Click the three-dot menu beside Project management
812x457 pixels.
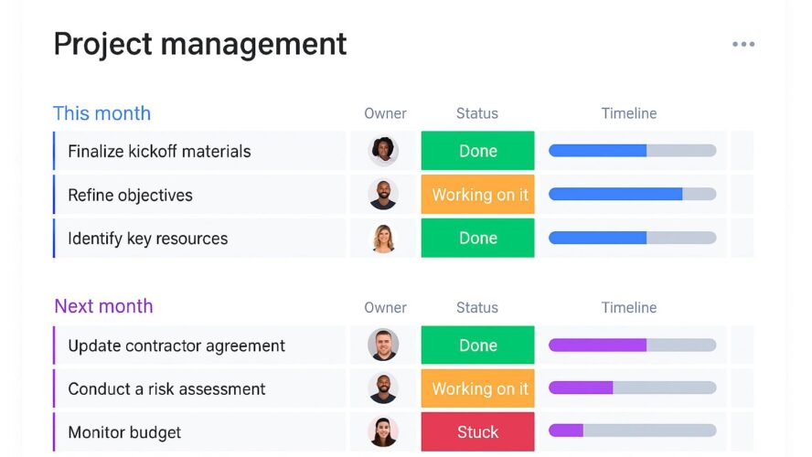[743, 44]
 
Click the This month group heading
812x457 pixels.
[101, 113]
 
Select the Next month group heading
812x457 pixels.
[103, 306]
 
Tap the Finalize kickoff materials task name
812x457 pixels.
[159, 152]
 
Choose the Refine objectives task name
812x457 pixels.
[130, 195]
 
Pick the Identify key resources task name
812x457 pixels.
[147, 239]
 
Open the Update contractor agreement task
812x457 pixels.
[176, 345]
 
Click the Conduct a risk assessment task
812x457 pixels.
[166, 388]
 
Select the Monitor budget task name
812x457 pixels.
[124, 432]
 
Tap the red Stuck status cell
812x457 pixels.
[477, 432]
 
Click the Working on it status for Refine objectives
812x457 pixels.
[477, 195]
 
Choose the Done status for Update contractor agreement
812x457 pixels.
[477, 345]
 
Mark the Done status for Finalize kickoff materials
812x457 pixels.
[477, 151]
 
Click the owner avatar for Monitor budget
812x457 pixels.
[383, 432]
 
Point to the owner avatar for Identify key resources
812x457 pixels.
[383, 239]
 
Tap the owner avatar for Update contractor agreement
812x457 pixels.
[383, 345]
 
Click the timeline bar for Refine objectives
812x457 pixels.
[632, 195]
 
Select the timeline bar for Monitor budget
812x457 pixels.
[632, 430]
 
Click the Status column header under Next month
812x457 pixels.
[477, 307]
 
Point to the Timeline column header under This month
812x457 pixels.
[629, 113]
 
